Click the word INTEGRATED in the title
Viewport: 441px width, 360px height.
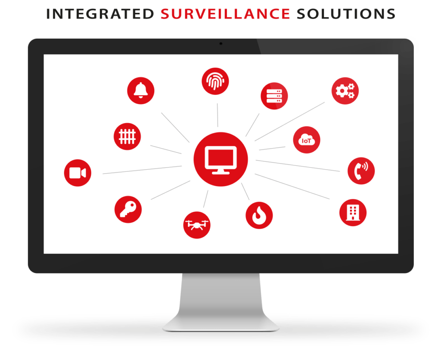pyautogui.click(x=100, y=14)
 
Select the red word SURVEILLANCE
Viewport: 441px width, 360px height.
pyautogui.click(x=225, y=14)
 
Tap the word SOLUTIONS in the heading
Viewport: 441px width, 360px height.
pyautogui.click(x=346, y=14)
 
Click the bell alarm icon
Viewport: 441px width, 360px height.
pyautogui.click(x=141, y=90)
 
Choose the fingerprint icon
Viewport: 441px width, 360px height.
pyautogui.click(x=215, y=81)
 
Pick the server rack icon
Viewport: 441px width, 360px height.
pyautogui.click(x=274, y=96)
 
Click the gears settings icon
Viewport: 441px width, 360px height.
pyautogui.click(x=345, y=91)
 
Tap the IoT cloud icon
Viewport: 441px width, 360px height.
pyautogui.click(x=307, y=140)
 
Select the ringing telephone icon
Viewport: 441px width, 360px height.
pyautogui.click(x=361, y=171)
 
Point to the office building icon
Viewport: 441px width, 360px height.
pyautogui.click(x=353, y=213)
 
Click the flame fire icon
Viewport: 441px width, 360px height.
pyautogui.click(x=259, y=215)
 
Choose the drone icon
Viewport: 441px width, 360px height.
pyautogui.click(x=197, y=225)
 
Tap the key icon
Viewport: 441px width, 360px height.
pyautogui.click(x=128, y=210)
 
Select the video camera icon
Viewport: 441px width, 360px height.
pyautogui.click(x=78, y=173)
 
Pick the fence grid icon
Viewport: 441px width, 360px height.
pyautogui.click(x=127, y=137)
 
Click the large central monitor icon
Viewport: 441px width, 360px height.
pyautogui.click(x=221, y=159)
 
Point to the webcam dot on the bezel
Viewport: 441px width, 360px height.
pyautogui.click(x=221, y=43)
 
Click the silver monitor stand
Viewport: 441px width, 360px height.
pyautogui.click(x=221, y=302)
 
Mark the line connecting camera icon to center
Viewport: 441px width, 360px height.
pyautogui.click(x=142, y=170)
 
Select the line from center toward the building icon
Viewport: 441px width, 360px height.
pyautogui.click(x=292, y=186)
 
